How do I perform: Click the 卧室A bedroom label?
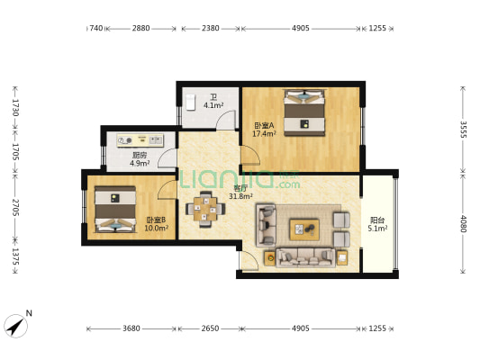point(264,125)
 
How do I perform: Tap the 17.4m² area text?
point(264,134)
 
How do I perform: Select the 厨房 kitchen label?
point(140,155)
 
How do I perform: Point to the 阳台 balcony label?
point(377,220)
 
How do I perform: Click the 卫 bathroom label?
point(213,97)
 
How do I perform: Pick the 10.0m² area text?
point(156,228)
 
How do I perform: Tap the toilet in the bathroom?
point(190,102)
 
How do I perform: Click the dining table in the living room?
point(205,209)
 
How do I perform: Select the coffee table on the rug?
point(304,229)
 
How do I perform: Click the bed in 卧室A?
point(304,112)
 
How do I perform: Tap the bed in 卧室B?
point(115,209)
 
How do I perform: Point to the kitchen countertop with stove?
point(140,140)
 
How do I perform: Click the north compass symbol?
point(15,326)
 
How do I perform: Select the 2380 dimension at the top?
point(211,29)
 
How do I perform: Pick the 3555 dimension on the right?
point(464,130)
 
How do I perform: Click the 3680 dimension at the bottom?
point(131,328)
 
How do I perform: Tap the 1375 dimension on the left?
point(15,256)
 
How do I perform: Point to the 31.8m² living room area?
point(240,196)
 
